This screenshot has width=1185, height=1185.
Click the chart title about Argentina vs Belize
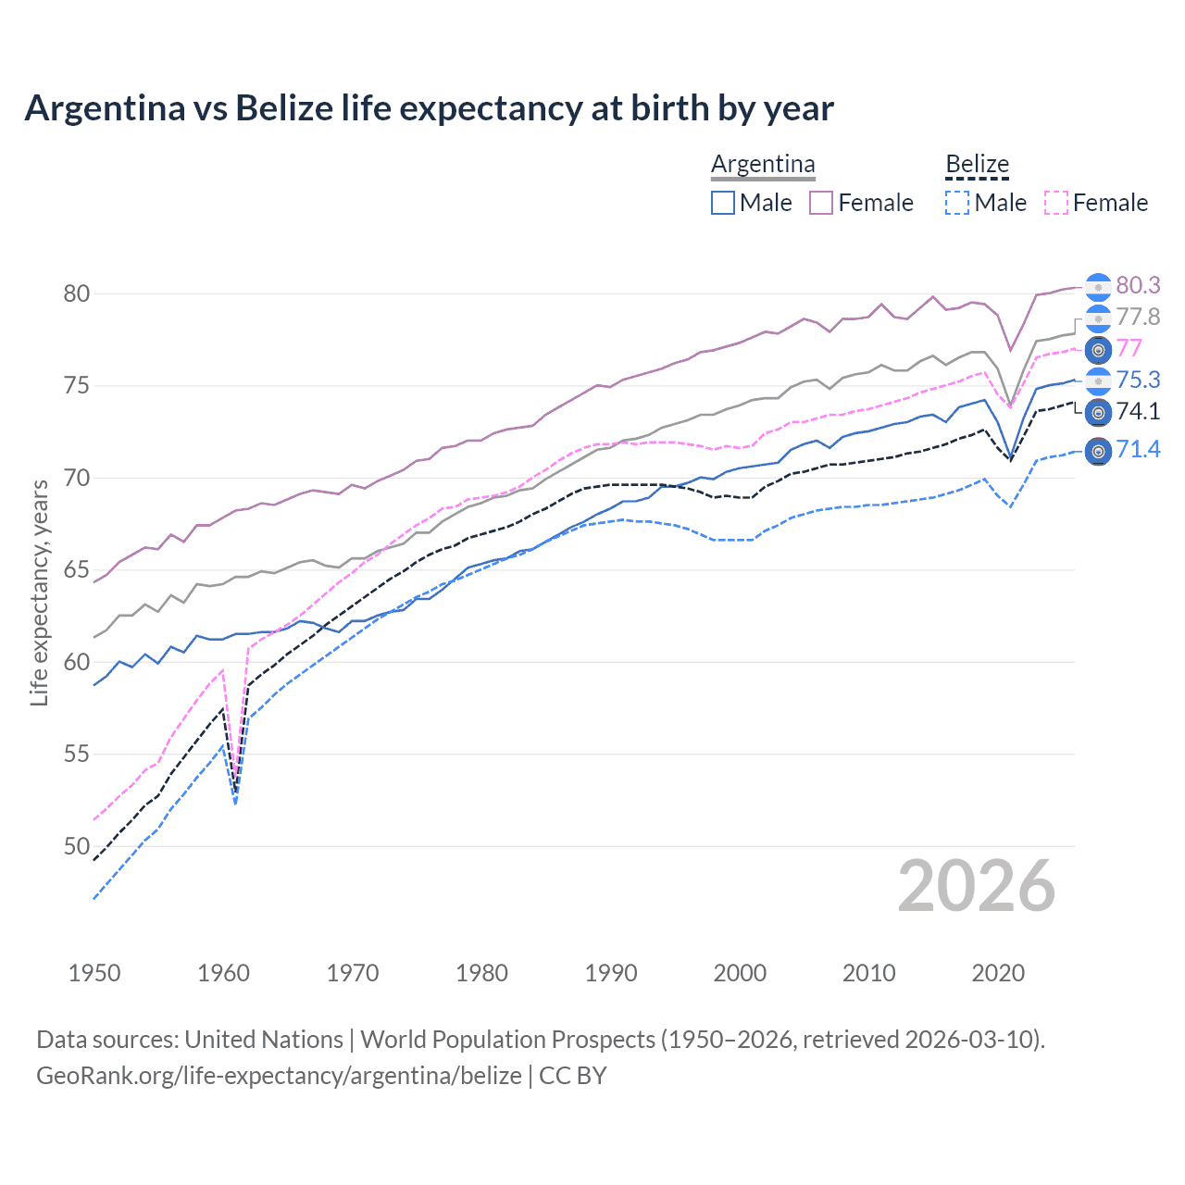coord(429,108)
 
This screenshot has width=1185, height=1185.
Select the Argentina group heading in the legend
coord(763,164)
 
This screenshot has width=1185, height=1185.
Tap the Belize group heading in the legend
coord(977,164)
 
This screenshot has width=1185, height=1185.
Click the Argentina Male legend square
coord(723,203)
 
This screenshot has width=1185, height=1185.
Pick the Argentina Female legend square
coord(821,203)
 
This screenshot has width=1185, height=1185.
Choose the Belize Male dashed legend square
coord(957,203)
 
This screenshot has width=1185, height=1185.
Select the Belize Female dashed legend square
coord(1056,203)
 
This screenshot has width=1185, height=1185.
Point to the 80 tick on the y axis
coord(77,293)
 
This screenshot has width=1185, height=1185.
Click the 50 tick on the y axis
coord(77,846)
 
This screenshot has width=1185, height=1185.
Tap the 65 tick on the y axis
coord(77,570)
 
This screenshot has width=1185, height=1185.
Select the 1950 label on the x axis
coord(94,973)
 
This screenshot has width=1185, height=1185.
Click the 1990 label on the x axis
coord(611,973)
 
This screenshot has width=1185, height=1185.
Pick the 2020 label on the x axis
coord(998,973)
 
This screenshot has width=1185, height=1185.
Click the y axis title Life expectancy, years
coord(39,592)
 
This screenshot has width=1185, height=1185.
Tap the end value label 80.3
coord(1138,285)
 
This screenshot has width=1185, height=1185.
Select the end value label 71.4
coord(1138,450)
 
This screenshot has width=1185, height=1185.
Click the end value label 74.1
coord(1138,411)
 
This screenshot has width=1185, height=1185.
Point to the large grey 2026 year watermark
coord(977,886)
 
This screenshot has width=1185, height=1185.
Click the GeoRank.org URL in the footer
coord(279,1076)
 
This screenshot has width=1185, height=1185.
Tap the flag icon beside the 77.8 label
coord(1098,318)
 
